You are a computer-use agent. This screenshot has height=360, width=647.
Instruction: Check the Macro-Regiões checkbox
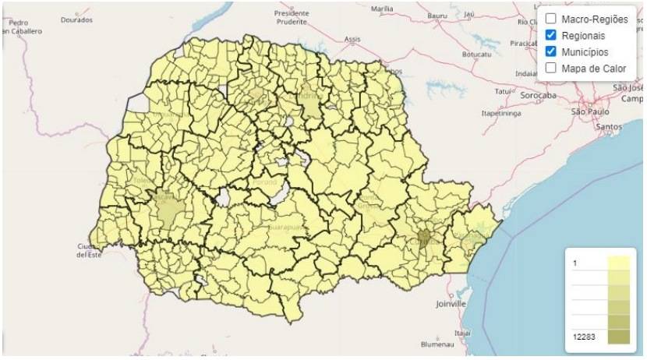click(550, 19)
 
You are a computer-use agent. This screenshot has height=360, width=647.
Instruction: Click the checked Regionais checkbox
click(550, 35)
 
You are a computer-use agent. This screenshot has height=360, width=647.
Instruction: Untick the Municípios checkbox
click(550, 51)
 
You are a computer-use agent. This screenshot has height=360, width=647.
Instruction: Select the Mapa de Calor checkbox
click(550, 68)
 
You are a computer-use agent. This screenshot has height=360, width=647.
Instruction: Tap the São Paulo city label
click(589, 112)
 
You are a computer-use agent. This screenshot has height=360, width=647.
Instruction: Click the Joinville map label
click(451, 302)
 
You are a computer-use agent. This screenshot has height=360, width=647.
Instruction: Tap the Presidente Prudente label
click(292, 17)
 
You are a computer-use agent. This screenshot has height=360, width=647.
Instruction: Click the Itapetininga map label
click(500, 112)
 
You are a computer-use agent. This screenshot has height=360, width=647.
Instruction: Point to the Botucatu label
click(476, 55)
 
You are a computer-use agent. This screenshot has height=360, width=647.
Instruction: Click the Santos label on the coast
click(607, 125)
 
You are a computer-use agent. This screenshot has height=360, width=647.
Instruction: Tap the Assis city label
click(352, 38)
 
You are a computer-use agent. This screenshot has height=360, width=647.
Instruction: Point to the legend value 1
click(575, 263)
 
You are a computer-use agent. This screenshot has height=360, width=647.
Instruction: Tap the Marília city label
click(382, 9)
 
